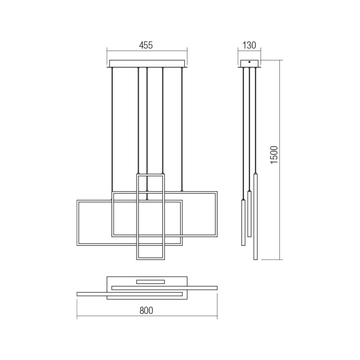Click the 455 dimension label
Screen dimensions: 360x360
coord(146,46)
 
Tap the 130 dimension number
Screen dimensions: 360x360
coord(249,46)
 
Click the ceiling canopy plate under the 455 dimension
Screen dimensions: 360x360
coord(147,64)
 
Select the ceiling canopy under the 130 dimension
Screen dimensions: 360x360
coord(249,64)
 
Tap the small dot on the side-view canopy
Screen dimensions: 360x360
coord(249,63)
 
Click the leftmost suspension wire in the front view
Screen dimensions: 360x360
coord(112,124)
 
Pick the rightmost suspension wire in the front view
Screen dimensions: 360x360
coord(182,124)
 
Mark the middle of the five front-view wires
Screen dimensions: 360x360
coord(147,124)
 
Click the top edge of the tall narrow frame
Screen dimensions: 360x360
coord(151,175)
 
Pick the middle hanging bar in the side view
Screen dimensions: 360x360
coord(249,213)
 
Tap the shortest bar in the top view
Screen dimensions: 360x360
coord(151,282)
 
